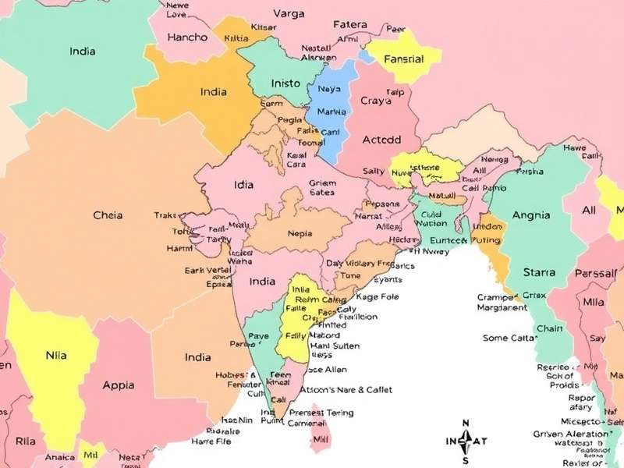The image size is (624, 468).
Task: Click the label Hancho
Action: pos(187,37)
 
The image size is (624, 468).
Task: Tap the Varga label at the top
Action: pos(289,12)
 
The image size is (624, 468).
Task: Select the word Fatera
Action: pos(350,24)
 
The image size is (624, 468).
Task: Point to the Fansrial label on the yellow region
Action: pos(403,58)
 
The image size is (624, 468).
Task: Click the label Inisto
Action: pos(285,83)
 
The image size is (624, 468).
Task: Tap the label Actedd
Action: pos(381,140)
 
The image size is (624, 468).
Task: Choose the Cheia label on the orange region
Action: pos(108,214)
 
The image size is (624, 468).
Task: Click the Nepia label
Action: pos(300,233)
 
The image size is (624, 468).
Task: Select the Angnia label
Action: pos(531,214)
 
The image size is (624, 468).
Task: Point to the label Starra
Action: pos(539,272)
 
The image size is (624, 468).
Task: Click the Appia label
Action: pos(119,385)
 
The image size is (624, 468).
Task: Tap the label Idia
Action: pos(243,186)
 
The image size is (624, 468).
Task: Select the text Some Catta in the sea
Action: pos(509,338)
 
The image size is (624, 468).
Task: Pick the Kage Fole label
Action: pos(377,296)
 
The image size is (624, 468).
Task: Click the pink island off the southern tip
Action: pos(319,434)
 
